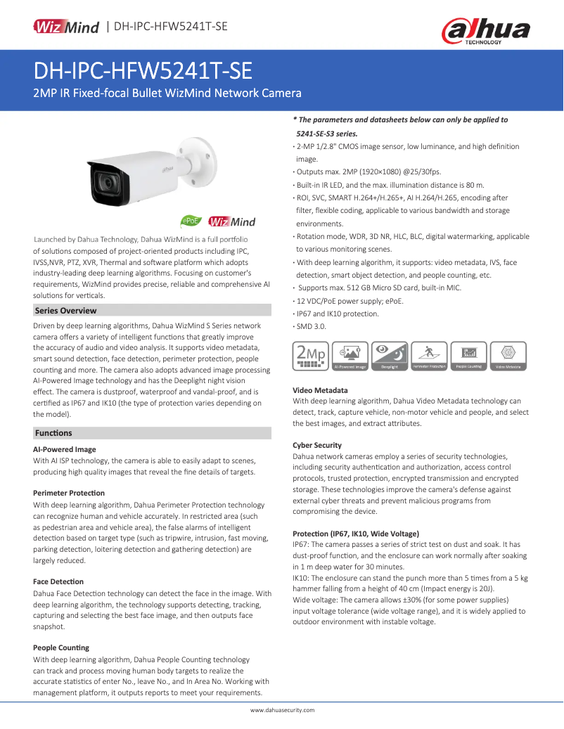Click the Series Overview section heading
pos(65,311)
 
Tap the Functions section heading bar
pos(53,433)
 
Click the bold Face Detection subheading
pos(58,581)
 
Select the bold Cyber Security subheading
pos(317,445)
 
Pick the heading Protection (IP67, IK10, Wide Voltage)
pos(356,534)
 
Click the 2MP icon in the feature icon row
pos(310,356)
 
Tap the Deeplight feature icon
pos(390,356)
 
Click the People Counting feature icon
pos(469,356)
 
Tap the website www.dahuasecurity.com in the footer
pos(282,710)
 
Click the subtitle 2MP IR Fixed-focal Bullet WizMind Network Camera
pos(167,93)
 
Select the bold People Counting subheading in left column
pos(61,647)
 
